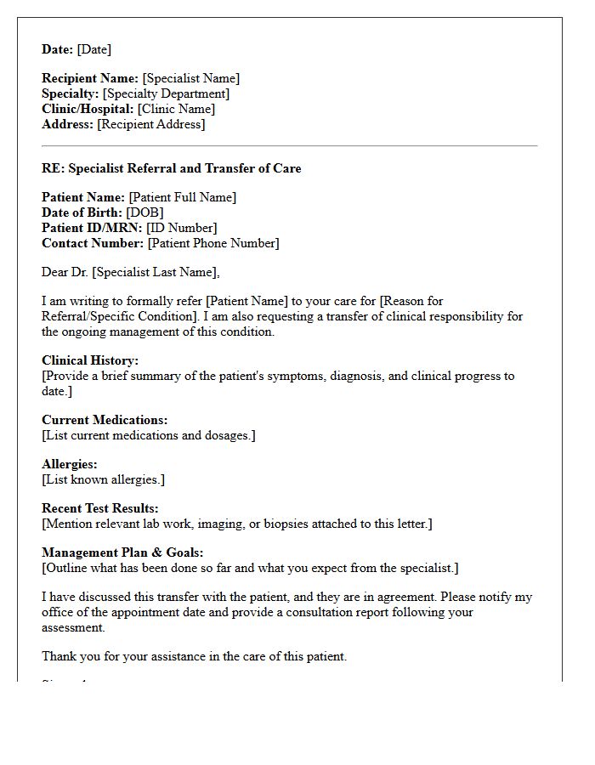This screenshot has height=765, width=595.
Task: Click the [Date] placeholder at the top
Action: [x=93, y=49]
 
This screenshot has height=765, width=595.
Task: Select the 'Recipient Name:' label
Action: [x=90, y=78]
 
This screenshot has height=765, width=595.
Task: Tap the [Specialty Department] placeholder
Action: [x=166, y=93]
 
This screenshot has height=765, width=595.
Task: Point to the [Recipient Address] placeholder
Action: [x=151, y=124]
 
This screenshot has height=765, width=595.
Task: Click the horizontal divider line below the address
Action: [x=289, y=146]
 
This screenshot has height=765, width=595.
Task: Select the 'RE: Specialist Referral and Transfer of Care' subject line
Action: [x=171, y=168]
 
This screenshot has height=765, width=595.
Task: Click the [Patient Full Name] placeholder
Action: [x=182, y=197]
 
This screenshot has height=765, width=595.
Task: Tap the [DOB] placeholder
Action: [x=144, y=212]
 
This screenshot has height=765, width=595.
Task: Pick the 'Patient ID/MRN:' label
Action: [x=92, y=228]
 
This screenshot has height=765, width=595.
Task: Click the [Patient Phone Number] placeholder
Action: [x=212, y=243]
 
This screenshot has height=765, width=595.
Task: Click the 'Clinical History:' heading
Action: [x=90, y=360]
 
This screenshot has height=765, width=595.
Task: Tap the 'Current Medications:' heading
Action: [x=105, y=420]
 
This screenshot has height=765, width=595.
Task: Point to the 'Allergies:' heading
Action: [x=70, y=464]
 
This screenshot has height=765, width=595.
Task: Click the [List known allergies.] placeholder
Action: [x=103, y=479]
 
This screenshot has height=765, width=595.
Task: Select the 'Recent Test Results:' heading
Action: [x=100, y=508]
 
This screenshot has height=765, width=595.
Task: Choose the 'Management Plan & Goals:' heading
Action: [x=122, y=552]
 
